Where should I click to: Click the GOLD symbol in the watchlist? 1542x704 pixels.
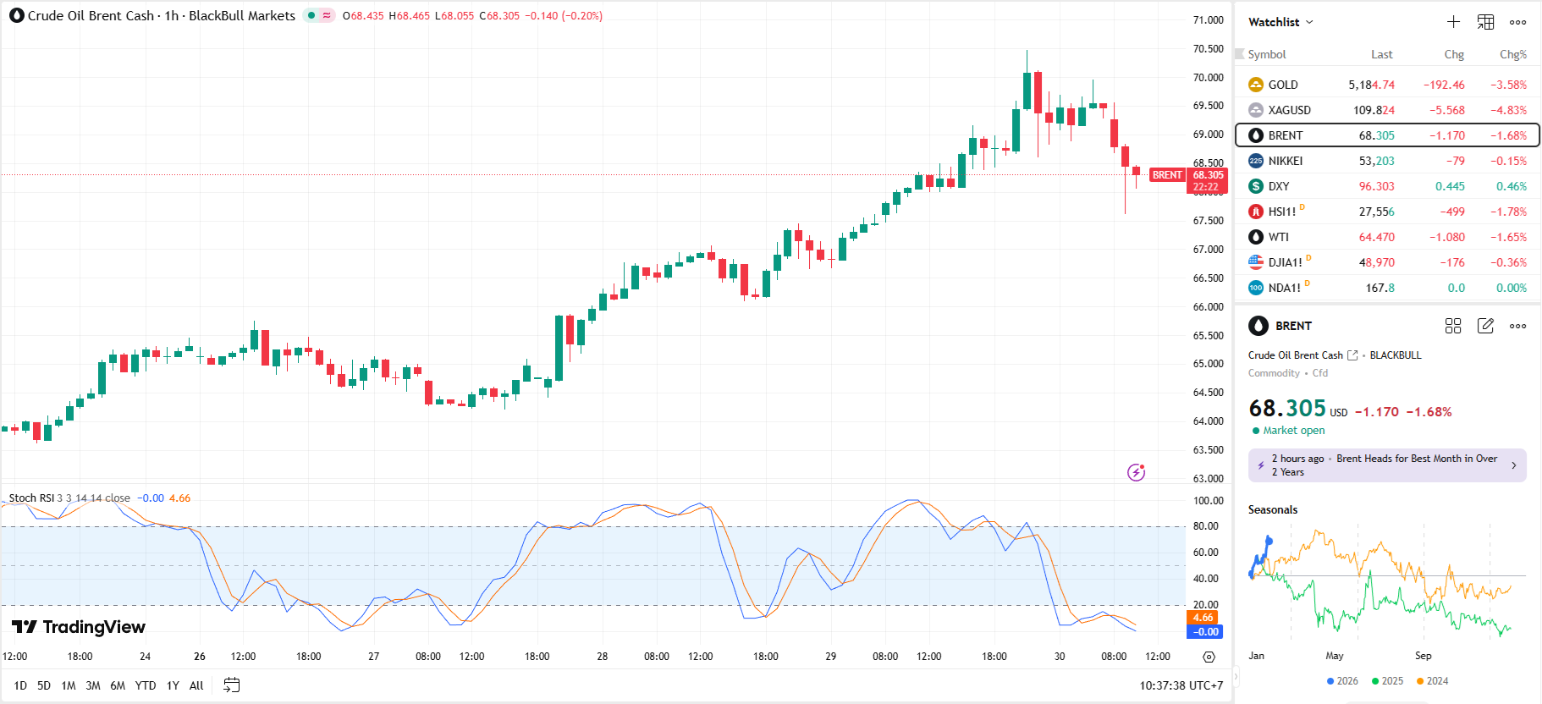point(1282,85)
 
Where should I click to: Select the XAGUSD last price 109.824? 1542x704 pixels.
point(1374,110)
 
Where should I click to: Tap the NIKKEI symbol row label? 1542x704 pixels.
point(1285,161)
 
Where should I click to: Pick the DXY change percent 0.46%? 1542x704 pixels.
point(1511,186)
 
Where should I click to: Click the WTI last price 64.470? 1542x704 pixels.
point(1376,237)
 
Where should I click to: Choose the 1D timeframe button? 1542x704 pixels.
point(20,685)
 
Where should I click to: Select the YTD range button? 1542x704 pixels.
point(146,685)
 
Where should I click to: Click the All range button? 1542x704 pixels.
point(196,685)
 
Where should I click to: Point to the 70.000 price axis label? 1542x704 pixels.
point(1208,77)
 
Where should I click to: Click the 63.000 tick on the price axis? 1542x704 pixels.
point(1208,478)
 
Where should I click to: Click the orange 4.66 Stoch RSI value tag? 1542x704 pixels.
point(1203,618)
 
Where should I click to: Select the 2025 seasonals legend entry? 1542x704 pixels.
point(1387,681)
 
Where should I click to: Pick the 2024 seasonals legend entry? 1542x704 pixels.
point(1432,681)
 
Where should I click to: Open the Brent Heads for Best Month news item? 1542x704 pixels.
point(1386,465)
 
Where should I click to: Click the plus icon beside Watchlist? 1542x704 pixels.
point(1453,22)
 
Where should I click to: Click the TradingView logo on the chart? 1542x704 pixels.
point(79,627)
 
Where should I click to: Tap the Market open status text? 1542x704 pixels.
point(1293,431)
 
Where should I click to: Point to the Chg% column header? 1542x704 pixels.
point(1512,54)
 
